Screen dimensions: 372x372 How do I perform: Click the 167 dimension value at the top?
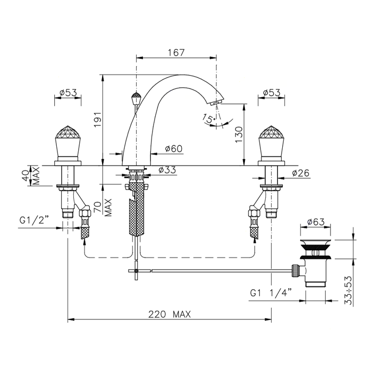click(x=176, y=53)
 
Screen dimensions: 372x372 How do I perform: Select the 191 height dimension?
click(x=98, y=119)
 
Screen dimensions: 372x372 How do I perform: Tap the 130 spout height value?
click(x=239, y=135)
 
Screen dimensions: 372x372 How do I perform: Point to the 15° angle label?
click(x=209, y=119)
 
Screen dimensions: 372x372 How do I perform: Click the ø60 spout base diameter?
click(x=174, y=149)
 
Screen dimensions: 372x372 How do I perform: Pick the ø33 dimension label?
click(x=167, y=170)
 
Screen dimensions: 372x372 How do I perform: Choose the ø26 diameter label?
click(x=301, y=173)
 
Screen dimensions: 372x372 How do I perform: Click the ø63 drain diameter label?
click(x=316, y=222)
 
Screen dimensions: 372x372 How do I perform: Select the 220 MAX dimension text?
click(x=170, y=315)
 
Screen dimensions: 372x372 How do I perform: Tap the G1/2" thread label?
click(x=34, y=221)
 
